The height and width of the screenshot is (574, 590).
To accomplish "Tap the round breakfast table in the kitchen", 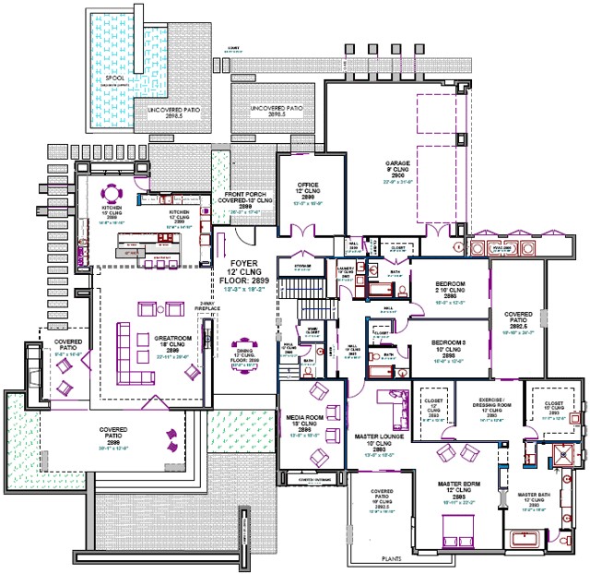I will [112, 193].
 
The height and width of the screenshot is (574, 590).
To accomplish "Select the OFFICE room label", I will [307, 185].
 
